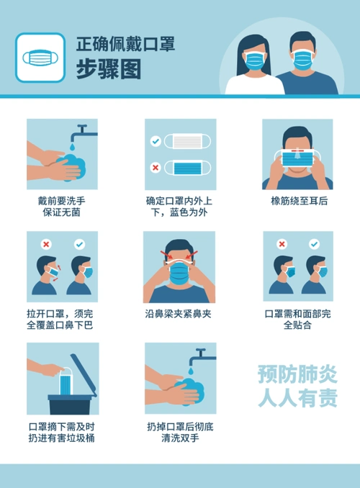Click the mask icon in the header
click(x=40, y=58)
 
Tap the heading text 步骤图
click(x=108, y=70)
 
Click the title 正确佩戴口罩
click(x=125, y=45)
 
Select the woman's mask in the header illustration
click(x=253, y=61)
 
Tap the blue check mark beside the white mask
click(x=155, y=142)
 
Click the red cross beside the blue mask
click(x=155, y=168)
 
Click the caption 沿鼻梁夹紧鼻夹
click(x=179, y=314)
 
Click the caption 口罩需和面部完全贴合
click(x=298, y=320)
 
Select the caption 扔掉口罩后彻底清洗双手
click(x=179, y=431)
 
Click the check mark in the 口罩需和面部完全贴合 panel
click(x=314, y=245)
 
